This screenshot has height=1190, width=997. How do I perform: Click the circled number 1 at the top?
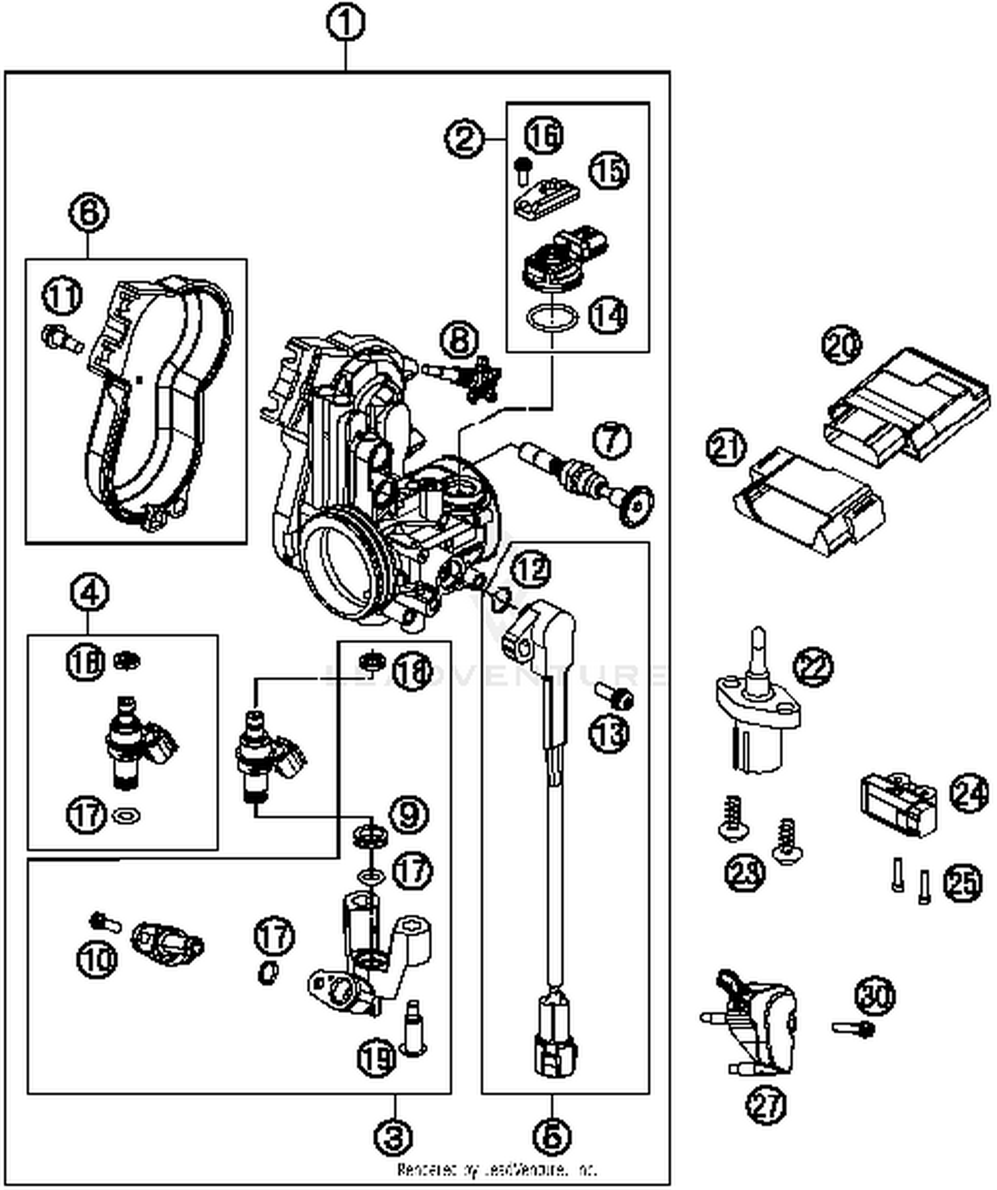(345, 24)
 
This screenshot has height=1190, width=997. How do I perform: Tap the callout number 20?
(841, 345)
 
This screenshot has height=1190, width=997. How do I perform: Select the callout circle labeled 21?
(726, 447)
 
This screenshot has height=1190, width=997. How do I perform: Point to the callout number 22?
(812, 667)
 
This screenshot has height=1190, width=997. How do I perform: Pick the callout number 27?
(766, 1105)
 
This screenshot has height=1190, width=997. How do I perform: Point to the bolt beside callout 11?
(62, 337)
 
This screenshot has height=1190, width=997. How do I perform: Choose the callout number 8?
(460, 340)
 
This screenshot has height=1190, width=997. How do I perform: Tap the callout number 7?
(611, 440)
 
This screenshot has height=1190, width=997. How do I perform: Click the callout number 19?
(377, 1057)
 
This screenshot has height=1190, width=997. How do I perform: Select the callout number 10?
(97, 959)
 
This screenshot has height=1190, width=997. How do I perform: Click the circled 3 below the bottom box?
(394, 1137)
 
